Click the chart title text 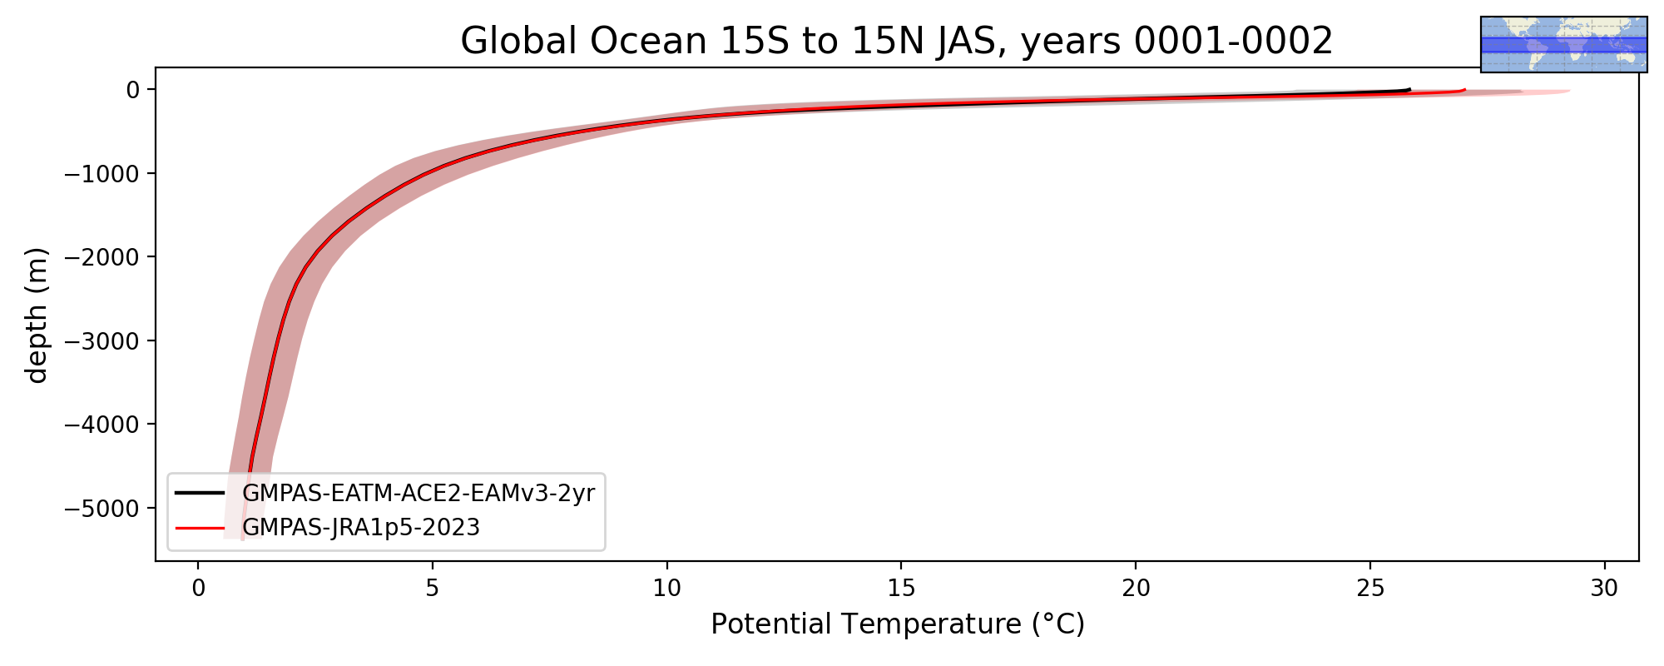[x=897, y=41]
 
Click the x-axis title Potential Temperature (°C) [x=898, y=624]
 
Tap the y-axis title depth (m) [x=37, y=315]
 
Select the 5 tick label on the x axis [x=432, y=589]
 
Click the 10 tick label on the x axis [x=666, y=589]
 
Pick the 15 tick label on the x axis [x=901, y=589]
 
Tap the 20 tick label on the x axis [x=1136, y=589]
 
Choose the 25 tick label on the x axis [x=1370, y=589]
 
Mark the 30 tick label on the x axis [x=1604, y=589]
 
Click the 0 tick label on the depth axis [x=132, y=89]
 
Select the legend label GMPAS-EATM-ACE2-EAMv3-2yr [x=418, y=494]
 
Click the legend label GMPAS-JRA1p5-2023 [x=361, y=528]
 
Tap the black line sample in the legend [x=200, y=493]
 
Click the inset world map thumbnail [x=1564, y=44]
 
